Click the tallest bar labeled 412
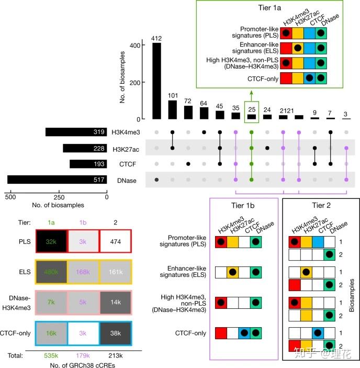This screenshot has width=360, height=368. tap(156, 81)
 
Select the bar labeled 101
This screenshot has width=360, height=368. tap(172, 109)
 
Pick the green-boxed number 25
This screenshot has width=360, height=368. tap(252, 110)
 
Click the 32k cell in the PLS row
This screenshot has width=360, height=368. tap(51, 242)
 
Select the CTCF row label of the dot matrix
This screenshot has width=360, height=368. tap(120, 164)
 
